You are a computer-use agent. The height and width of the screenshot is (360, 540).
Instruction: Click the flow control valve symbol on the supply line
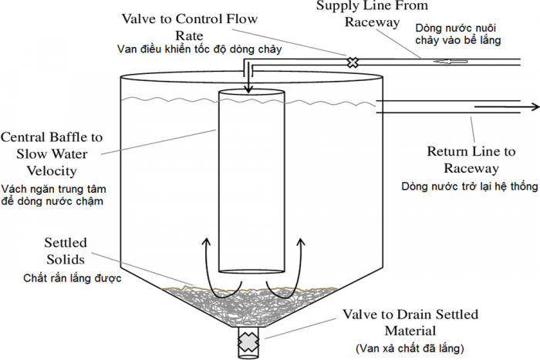353,62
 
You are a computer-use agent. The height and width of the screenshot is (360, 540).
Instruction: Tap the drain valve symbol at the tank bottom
249,340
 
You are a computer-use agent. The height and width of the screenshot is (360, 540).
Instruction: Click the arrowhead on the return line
533,107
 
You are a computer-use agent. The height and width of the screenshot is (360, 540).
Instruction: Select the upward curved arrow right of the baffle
302,254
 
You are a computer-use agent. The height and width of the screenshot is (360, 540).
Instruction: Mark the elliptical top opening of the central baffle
250,95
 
